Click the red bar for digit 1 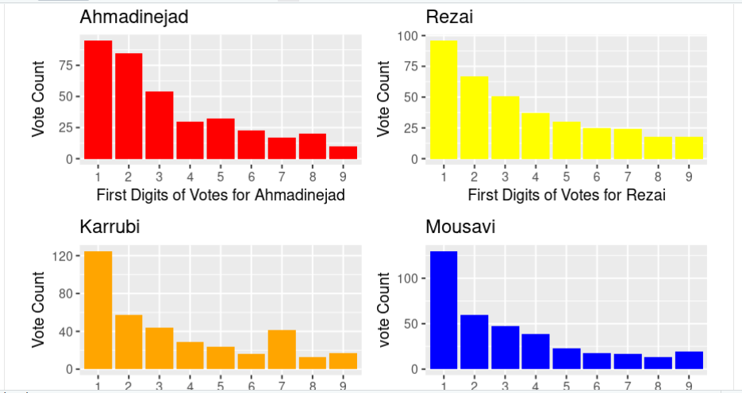(x=98, y=100)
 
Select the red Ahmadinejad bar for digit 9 (x=344, y=152)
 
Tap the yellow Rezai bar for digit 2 (x=474, y=117)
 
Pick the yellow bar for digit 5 (x=567, y=140)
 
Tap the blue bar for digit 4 (x=536, y=351)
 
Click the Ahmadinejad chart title (x=134, y=17)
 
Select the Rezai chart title (x=449, y=17)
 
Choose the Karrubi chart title (x=110, y=227)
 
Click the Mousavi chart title (x=460, y=227)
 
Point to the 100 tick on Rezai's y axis (x=410, y=36)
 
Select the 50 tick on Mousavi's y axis (x=412, y=324)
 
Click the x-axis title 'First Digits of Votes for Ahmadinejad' (x=221, y=195)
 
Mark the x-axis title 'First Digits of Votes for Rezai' (x=567, y=195)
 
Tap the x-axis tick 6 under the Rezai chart (x=597, y=175)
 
